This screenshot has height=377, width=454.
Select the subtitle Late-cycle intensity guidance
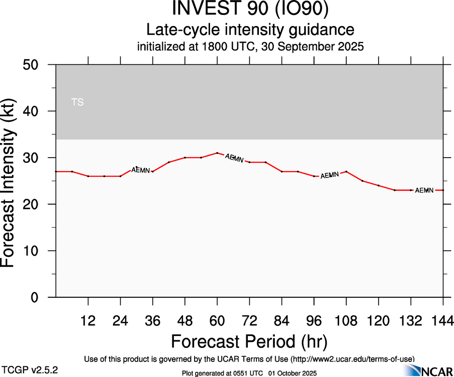[x=250, y=30]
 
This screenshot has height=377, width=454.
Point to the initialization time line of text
[x=250, y=47]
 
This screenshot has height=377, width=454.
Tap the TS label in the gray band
[x=77, y=102]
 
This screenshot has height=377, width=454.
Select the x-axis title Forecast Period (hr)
[x=249, y=341]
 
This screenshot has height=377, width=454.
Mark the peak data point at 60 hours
[x=217, y=153]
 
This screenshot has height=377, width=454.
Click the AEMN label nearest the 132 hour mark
[x=424, y=190]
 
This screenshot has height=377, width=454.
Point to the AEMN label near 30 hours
[x=141, y=170]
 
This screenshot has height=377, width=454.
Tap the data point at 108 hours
[x=346, y=172]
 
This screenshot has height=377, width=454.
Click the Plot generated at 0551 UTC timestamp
[x=249, y=373]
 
